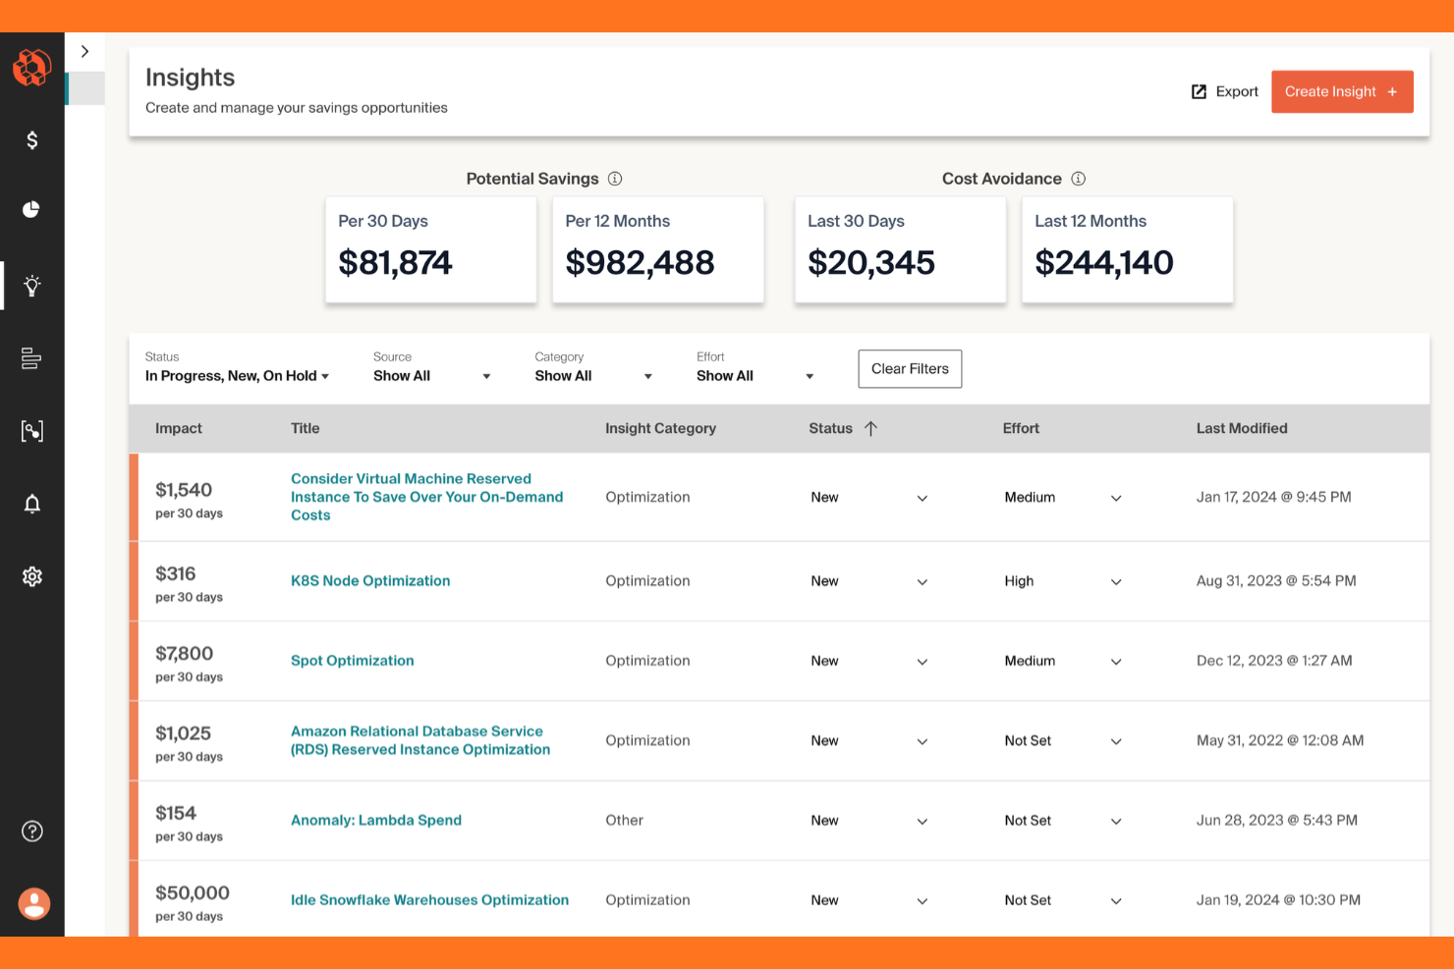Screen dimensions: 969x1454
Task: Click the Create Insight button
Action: (1341, 91)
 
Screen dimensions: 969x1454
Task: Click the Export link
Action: (1224, 91)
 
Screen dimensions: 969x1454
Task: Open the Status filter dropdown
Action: (237, 376)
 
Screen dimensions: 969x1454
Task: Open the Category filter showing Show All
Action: (592, 376)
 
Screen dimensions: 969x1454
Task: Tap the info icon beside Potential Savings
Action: (615, 179)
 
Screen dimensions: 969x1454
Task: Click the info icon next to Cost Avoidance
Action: (1078, 179)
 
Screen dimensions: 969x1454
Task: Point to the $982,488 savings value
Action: (640, 263)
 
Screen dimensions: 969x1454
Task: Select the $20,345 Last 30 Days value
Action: (870, 263)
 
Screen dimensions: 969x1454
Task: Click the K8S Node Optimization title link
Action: (370, 581)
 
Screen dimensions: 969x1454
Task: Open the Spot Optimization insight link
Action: (352, 661)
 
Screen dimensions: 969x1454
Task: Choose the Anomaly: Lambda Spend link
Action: (375, 821)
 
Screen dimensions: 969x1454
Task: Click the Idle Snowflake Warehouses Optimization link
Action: (429, 900)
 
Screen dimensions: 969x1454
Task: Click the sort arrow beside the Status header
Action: (870, 428)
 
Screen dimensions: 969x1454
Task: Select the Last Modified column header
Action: (1241, 428)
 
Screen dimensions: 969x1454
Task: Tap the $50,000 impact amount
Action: (193, 893)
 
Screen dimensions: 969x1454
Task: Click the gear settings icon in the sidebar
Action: (32, 576)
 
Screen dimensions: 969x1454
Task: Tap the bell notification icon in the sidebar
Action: (32, 504)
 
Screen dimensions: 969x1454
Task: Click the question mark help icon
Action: (32, 832)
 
